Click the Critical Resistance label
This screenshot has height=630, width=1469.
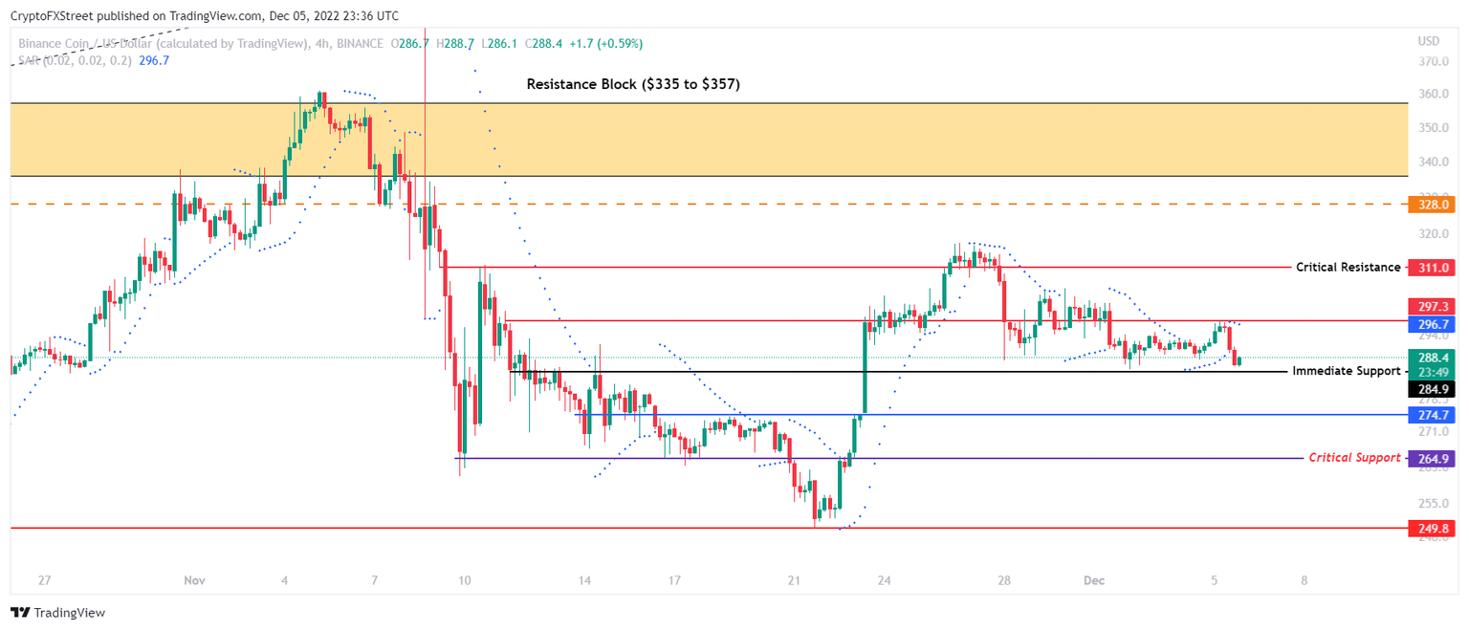tap(1348, 268)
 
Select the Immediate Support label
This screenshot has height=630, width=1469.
tap(1346, 371)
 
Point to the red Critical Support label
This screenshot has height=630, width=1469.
tap(1353, 458)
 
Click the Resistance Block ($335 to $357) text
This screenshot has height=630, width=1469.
tap(633, 84)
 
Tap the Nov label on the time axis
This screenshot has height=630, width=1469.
tap(194, 580)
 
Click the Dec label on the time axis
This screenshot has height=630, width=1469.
tap(1094, 580)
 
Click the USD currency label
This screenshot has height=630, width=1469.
tap(1428, 41)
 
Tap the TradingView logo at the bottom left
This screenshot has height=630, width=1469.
tap(58, 612)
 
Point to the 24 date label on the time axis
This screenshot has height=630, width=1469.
tap(884, 580)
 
